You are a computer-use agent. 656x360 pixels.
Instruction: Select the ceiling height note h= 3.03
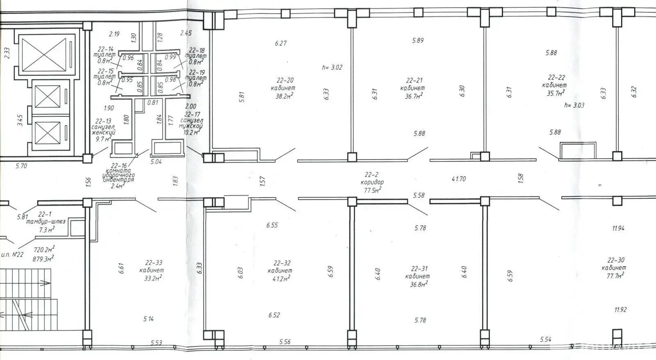[x=574, y=105]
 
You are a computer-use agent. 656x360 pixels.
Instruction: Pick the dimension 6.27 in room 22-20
[x=280, y=43]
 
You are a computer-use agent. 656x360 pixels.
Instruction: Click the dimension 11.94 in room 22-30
[x=618, y=228]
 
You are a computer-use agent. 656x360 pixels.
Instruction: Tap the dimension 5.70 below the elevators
[x=21, y=166]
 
